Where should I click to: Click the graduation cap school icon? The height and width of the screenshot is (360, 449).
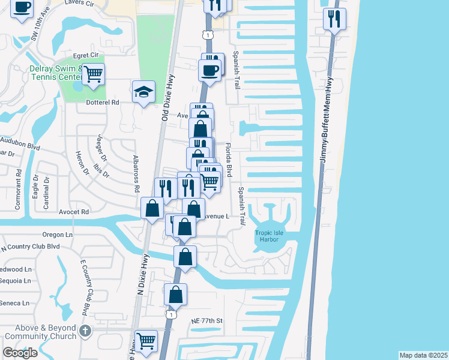point(143,92)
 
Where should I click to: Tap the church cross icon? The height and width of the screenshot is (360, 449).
point(85,330)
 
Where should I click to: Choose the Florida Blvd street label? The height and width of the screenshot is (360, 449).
point(228,160)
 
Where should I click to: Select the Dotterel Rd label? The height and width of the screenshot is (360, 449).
point(103,102)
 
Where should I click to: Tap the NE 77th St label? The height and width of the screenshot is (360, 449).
point(206,321)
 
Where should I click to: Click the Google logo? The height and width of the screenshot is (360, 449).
point(20,353)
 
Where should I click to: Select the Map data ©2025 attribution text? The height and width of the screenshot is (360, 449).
point(423,355)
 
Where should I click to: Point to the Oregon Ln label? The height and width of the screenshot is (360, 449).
point(57,235)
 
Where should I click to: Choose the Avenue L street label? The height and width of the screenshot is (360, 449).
point(215,216)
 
